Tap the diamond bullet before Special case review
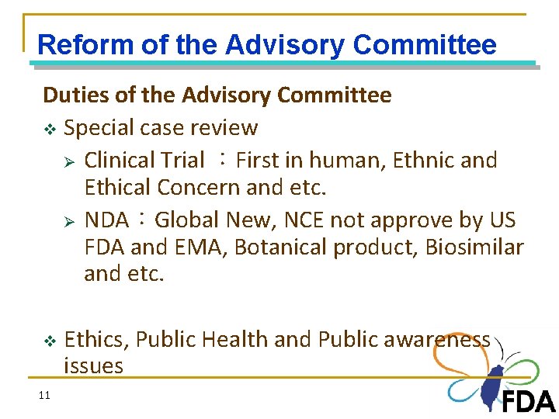tap(49, 129)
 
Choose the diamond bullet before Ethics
tap(49, 341)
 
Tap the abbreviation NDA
tap(106, 220)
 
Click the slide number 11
tap(43, 396)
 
